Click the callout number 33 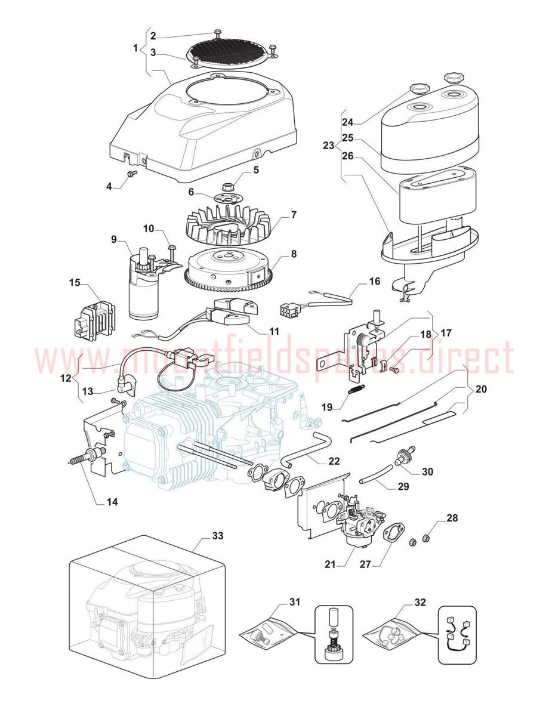point(217,535)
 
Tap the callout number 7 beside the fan point(294,215)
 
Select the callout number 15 point(75,282)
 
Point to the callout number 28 point(452,518)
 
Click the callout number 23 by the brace point(329,145)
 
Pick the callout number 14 point(112,502)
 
